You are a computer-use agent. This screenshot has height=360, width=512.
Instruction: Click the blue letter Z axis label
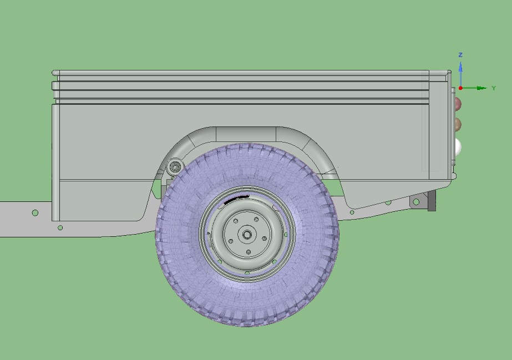pos(460,54)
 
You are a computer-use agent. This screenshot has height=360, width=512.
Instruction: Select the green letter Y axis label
pos(494,88)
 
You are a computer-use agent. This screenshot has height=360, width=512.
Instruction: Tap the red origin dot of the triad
pos(460,88)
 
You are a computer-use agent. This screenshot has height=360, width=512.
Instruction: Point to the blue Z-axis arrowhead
pos(460,67)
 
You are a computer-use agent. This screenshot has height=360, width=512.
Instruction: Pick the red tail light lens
pos(458,103)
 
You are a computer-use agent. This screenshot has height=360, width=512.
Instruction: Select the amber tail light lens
pos(458,124)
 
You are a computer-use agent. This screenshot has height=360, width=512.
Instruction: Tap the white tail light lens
pos(458,146)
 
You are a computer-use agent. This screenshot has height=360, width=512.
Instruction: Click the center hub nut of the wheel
pos(247,234)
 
